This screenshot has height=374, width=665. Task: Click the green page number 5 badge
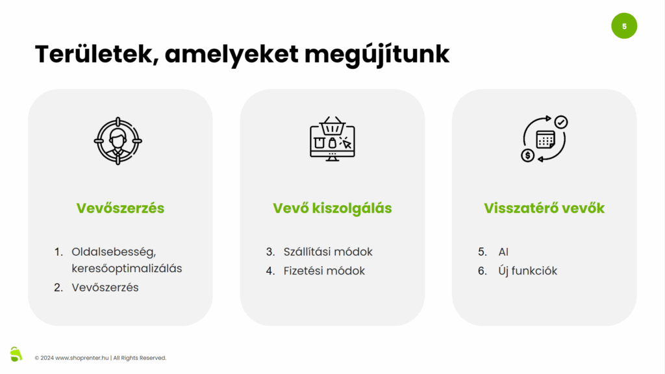coord(624,26)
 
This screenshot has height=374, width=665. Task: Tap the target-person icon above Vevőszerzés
coord(118,140)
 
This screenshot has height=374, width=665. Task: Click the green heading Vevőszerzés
coord(120,208)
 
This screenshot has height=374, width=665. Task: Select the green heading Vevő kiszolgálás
coord(332,208)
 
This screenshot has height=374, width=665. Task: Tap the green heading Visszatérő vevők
coord(544,208)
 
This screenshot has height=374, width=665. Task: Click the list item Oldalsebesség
coord(114,252)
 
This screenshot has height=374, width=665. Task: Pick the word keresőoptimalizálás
coord(127,268)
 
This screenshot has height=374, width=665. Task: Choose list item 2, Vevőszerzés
coord(105,287)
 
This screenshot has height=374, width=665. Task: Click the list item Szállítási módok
coord(328,252)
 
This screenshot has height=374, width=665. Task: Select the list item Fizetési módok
coord(324,271)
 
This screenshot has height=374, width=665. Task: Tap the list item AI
coord(503,252)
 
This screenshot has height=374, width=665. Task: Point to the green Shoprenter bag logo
coord(16,354)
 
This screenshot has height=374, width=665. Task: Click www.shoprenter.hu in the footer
coord(82,358)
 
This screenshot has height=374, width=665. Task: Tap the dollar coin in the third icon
coord(528,156)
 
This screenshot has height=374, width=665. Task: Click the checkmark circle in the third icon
coord(561,122)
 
